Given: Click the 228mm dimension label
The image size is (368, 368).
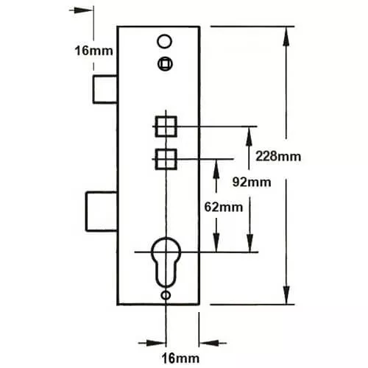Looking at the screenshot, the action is tap(278, 156).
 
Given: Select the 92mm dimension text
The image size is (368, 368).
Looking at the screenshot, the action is tap(252, 183).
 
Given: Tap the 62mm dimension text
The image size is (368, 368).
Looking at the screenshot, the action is tap(224, 208).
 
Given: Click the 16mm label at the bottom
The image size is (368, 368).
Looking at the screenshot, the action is tap(180, 358).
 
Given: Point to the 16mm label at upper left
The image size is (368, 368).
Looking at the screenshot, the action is tap(93, 51).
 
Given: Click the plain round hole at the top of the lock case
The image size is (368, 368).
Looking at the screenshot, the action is tap(164, 41).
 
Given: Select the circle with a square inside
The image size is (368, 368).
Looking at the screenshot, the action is tap(165, 64).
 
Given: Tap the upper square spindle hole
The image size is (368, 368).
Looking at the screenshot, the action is tap(166, 127).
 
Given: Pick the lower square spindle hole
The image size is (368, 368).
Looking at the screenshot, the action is tap(166, 159).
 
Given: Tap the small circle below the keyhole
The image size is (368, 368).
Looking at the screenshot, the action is tap(166, 295).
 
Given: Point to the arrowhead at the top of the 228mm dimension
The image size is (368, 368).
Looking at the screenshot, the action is tap(286, 36).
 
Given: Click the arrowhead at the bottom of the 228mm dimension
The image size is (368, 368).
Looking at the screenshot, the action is tap(286, 295).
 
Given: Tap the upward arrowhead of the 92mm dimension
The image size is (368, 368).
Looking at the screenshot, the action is tap(249, 137).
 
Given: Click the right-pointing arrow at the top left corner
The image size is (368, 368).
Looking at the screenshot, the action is tap(81, 10).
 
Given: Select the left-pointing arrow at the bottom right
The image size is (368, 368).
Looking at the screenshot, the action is tap(213, 343).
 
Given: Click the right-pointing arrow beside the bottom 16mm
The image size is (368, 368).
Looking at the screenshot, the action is tap(152, 343).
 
